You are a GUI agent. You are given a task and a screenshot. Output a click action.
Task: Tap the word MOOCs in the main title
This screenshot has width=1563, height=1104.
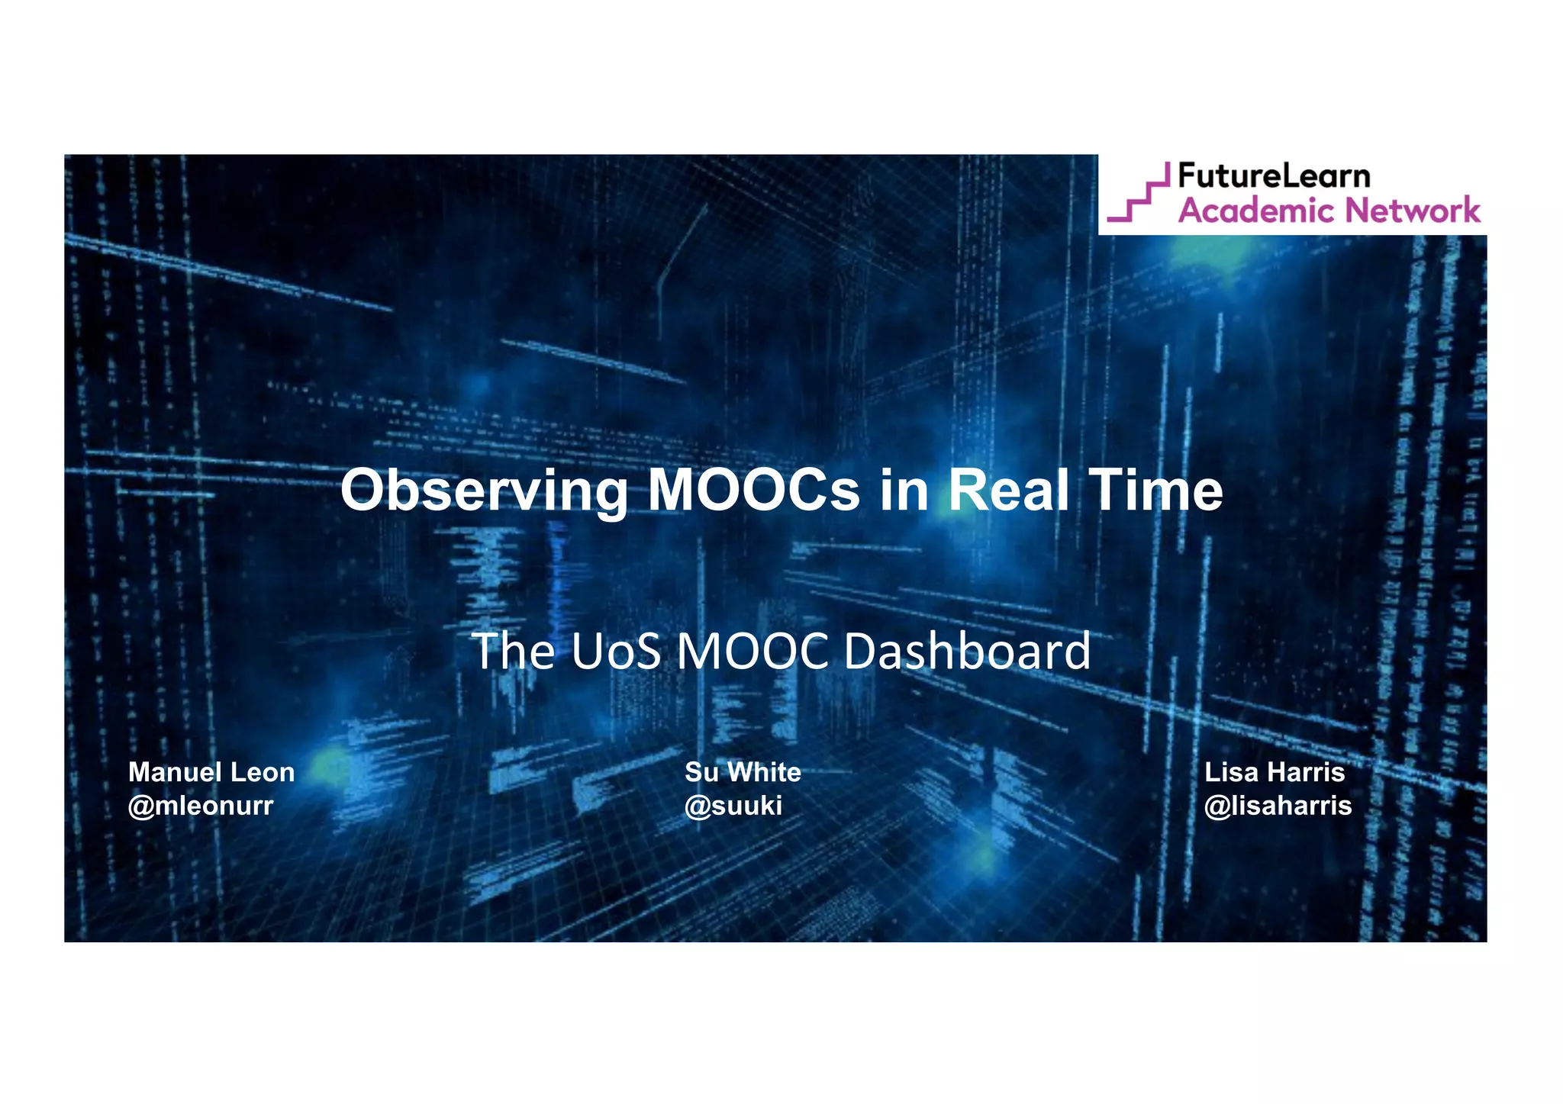coord(753,490)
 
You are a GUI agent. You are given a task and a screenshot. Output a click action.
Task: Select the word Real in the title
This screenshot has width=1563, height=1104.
coord(1008,490)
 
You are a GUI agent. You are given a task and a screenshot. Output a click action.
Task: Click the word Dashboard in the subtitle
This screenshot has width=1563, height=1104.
coord(967,652)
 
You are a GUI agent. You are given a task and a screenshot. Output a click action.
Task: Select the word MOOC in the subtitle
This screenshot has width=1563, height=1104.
coord(752,652)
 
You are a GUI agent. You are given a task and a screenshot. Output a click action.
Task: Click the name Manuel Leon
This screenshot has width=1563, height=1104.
coord(211,772)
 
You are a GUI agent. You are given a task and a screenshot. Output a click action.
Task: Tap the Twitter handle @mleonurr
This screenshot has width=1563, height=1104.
coord(201,806)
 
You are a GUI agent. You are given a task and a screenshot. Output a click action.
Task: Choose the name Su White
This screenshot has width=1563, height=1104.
coord(743,772)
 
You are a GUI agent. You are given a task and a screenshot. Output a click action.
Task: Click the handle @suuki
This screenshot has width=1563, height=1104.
coord(733,806)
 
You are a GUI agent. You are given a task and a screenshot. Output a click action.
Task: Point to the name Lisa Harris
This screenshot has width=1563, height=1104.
coord(1275,772)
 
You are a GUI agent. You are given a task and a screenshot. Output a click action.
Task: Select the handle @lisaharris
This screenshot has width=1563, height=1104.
coord(1278,806)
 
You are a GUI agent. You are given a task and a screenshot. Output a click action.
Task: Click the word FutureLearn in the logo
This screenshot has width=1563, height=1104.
coord(1274,176)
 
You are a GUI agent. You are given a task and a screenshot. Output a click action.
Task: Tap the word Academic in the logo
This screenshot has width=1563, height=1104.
coord(1252,211)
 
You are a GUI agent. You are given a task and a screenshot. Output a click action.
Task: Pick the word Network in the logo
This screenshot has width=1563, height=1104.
coord(1412,211)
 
